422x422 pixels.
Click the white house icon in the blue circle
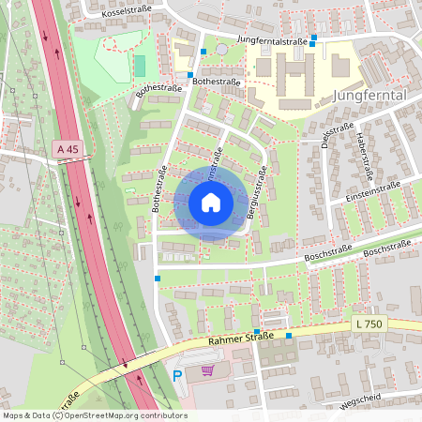pyautogui.click(x=211, y=203)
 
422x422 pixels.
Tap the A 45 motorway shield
pyautogui.click(x=67, y=149)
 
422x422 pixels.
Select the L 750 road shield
pyautogui.click(x=369, y=324)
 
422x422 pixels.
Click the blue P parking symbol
pyautogui.click(x=177, y=376)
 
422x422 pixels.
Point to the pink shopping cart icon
pyautogui.click(x=206, y=372)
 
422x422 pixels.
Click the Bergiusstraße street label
pyautogui.click(x=252, y=192)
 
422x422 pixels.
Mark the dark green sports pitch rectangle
pyautogui.click(x=141, y=66)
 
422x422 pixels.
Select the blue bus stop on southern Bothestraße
pyautogui.click(x=158, y=279)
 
